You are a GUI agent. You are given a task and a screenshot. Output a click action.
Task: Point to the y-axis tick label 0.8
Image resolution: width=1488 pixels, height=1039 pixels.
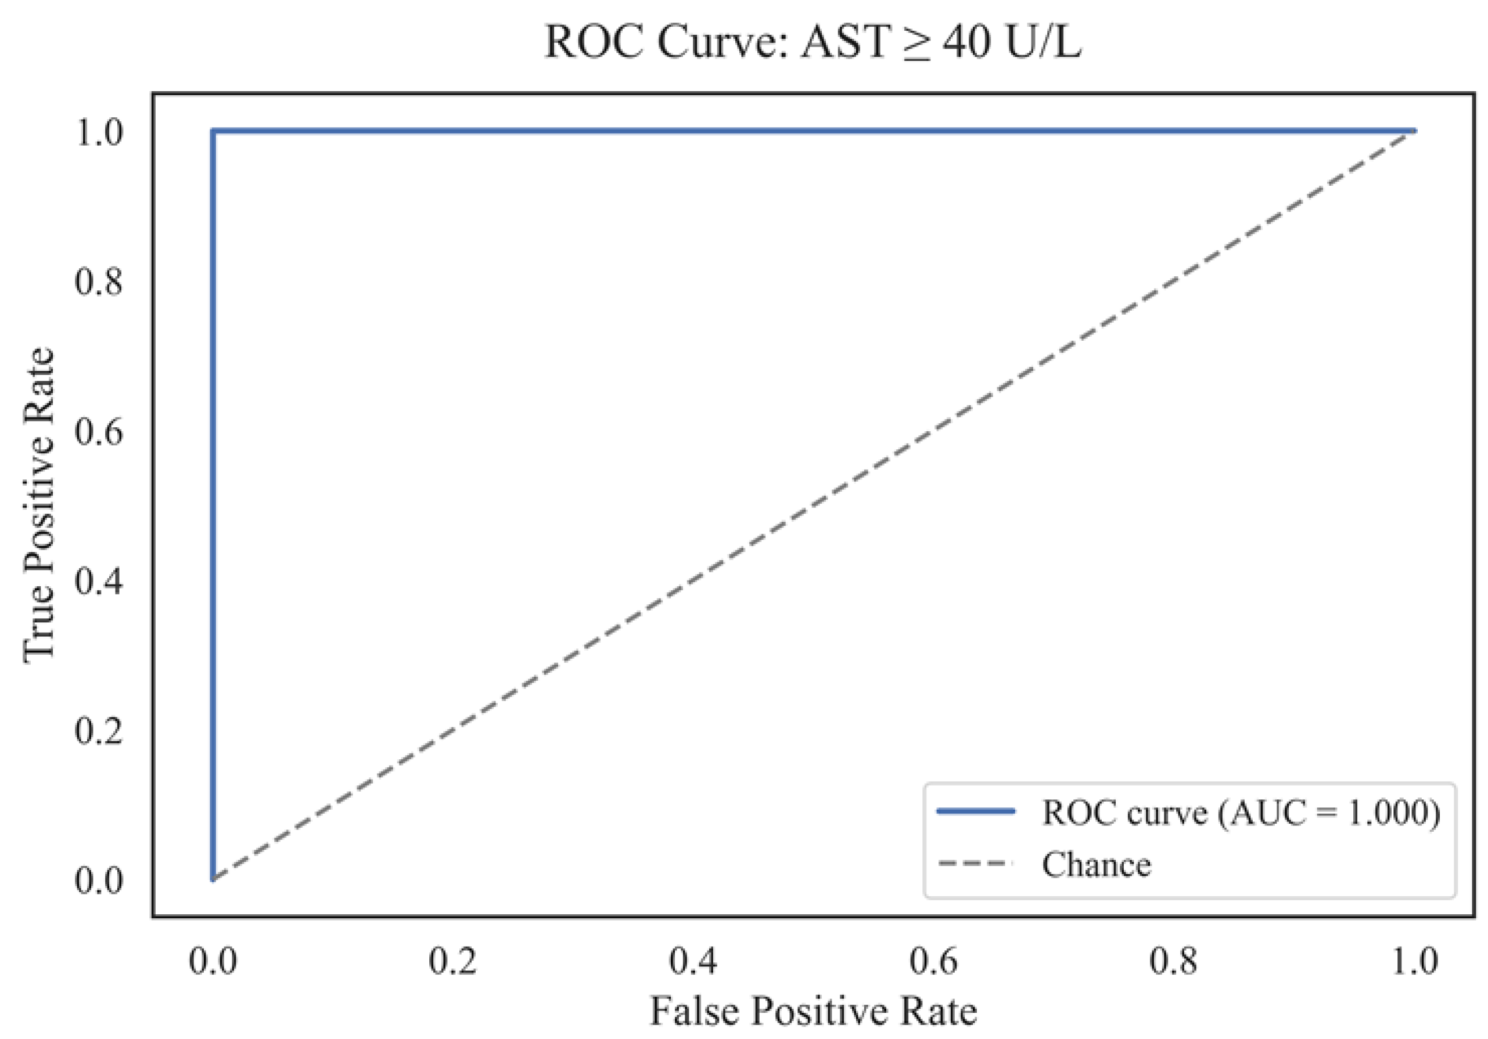pyautogui.click(x=99, y=281)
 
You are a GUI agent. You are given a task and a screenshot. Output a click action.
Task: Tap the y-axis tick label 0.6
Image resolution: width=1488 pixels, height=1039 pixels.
pyautogui.click(x=99, y=431)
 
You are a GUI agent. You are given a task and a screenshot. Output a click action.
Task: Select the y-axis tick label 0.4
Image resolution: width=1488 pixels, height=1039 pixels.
pyautogui.click(x=99, y=580)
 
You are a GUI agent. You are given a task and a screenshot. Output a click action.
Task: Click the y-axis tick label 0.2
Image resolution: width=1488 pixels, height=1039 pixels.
pyautogui.click(x=99, y=730)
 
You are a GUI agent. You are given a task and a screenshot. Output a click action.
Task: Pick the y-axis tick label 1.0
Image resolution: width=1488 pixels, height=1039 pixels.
pyautogui.click(x=99, y=132)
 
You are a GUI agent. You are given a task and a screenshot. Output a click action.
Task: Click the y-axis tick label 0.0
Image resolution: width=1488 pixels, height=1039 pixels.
pyautogui.click(x=99, y=879)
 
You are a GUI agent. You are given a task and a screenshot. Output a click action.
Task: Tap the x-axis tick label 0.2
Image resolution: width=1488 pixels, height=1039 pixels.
pyautogui.click(x=452, y=961)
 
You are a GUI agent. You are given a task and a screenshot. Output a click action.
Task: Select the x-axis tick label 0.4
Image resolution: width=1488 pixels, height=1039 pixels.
pyautogui.click(x=693, y=961)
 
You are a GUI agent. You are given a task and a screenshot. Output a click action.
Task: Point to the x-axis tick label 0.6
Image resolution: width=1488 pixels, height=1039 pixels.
pyautogui.click(x=933, y=961)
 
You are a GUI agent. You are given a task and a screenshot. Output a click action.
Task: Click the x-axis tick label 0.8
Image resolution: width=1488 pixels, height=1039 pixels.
pyautogui.click(x=1173, y=961)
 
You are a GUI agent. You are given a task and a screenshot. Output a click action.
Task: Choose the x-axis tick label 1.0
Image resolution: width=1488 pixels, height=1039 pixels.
pyautogui.click(x=1414, y=961)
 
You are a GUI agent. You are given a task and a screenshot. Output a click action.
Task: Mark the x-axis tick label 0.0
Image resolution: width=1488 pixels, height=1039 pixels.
pyautogui.click(x=213, y=961)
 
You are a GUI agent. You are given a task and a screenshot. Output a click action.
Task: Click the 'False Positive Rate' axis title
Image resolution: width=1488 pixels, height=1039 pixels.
pyautogui.click(x=813, y=1011)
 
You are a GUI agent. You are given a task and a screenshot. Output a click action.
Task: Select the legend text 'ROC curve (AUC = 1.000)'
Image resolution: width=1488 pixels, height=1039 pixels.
pyautogui.click(x=1241, y=811)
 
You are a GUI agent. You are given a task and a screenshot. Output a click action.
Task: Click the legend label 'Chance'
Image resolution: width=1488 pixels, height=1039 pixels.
pyautogui.click(x=1097, y=864)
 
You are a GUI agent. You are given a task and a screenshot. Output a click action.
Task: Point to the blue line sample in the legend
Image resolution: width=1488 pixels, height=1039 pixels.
pyautogui.click(x=975, y=811)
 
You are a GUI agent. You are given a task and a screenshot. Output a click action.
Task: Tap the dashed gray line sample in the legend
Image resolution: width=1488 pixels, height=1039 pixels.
pyautogui.click(x=975, y=864)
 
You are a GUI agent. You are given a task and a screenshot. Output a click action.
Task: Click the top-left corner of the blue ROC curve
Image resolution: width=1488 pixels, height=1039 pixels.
pyautogui.click(x=213, y=132)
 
